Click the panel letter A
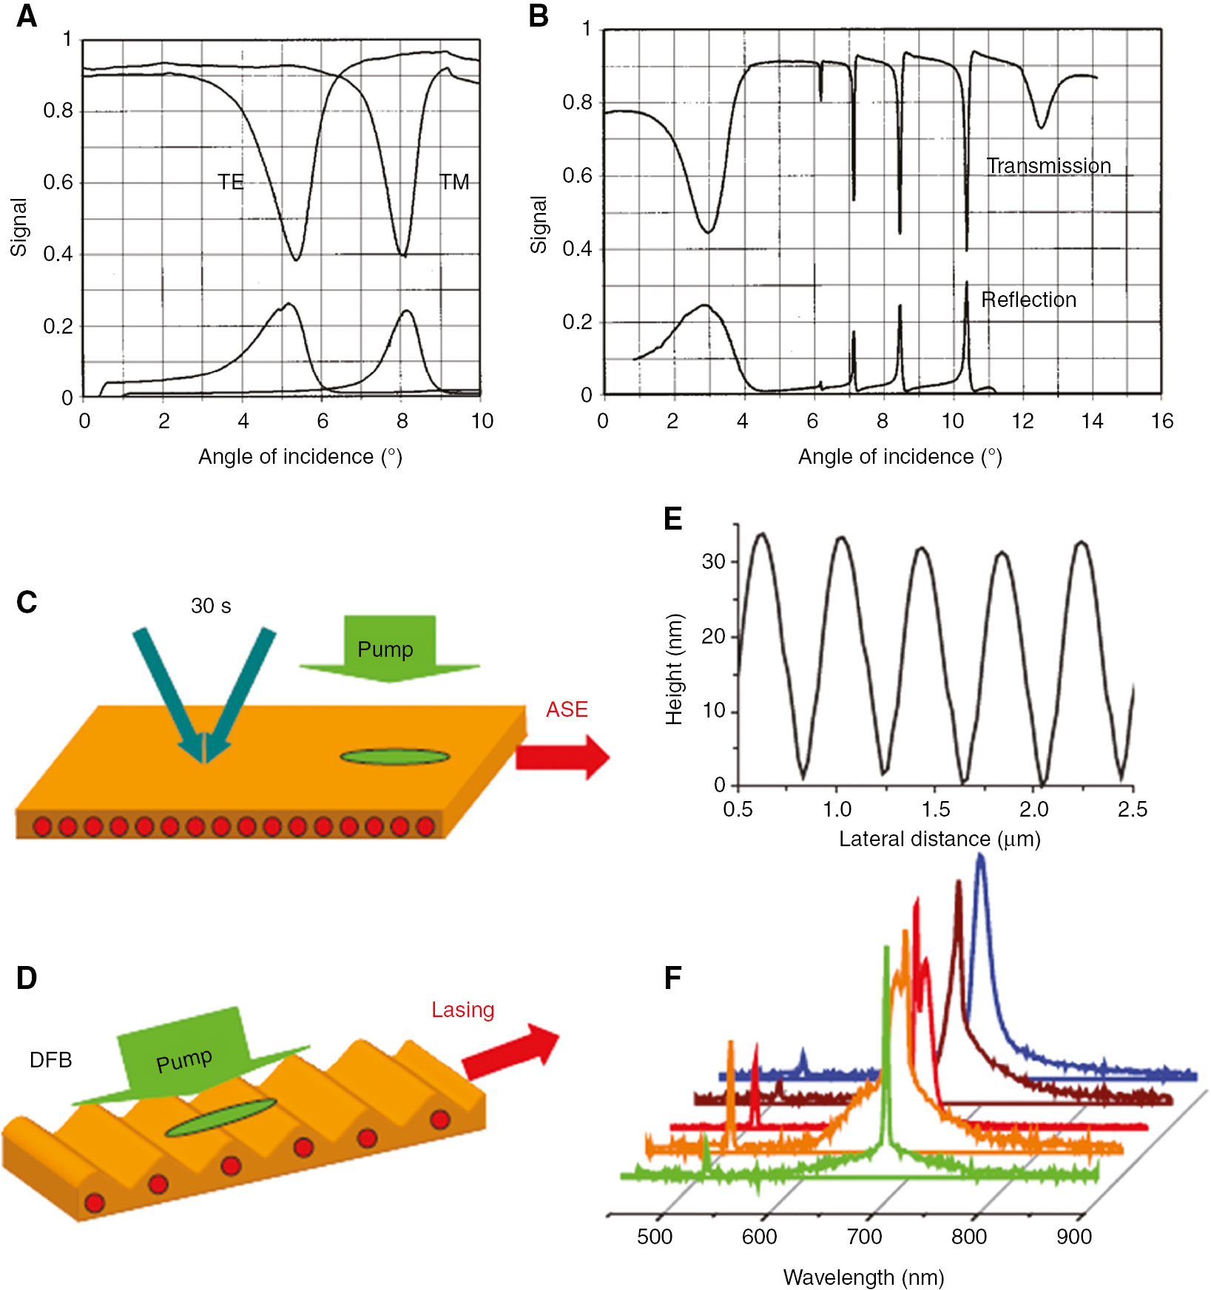27,16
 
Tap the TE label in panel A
230,182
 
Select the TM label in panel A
454,182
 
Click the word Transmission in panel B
1048,166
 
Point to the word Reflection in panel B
1028,300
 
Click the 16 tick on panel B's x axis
1161,422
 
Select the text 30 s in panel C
211,607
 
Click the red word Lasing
462,1010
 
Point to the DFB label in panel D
50,1060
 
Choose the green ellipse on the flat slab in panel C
394,757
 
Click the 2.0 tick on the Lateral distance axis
1033,809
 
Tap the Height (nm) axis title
674,669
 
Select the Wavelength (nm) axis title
863,1277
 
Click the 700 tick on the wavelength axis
864,1237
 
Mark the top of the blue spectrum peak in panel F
981,856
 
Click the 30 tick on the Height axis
713,561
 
